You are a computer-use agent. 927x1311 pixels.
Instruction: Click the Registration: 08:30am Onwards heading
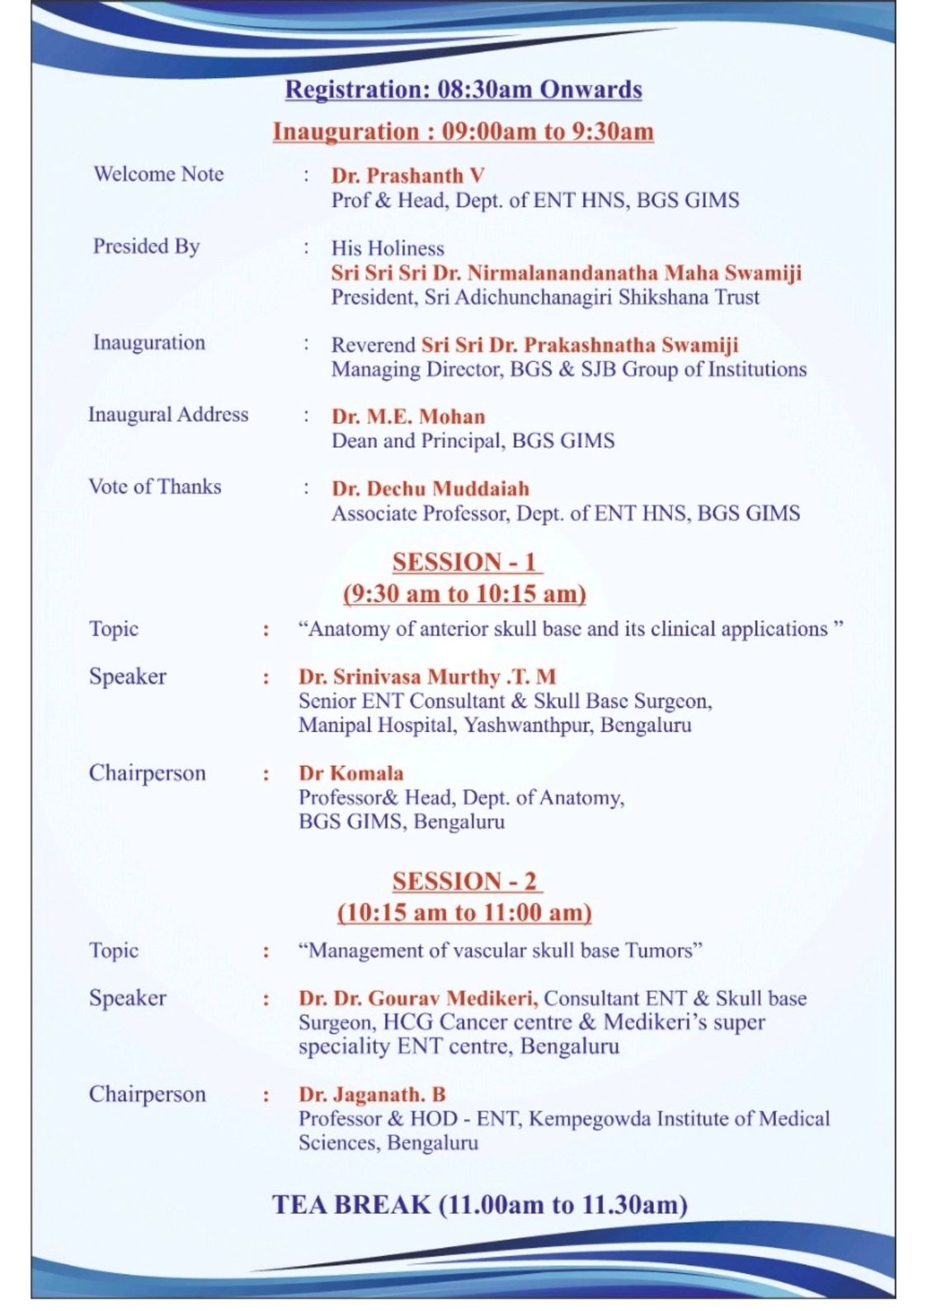[x=463, y=90]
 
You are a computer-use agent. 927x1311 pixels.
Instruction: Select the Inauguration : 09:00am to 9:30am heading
[x=463, y=132]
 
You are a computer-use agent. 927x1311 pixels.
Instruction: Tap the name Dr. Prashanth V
[x=407, y=176]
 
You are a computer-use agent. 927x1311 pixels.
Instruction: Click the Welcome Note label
[x=158, y=174]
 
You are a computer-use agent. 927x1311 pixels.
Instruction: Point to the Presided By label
[x=146, y=247]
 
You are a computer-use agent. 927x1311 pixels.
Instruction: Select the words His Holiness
[x=388, y=248]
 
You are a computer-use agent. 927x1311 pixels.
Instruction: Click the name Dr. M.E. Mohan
[x=408, y=416]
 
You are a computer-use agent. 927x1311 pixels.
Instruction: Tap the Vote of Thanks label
[x=155, y=486]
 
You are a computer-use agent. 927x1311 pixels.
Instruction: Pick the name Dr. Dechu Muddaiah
[x=431, y=489]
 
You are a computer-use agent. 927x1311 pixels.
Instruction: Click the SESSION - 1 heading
[x=465, y=562]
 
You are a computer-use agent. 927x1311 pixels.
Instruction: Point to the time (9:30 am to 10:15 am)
[x=464, y=594]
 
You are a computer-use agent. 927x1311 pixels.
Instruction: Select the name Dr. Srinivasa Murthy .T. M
[x=427, y=677]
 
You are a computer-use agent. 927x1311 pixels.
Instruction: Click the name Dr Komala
[x=351, y=773]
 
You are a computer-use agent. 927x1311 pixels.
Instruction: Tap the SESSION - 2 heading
[x=465, y=881]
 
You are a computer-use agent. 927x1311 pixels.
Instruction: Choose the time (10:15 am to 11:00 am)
[x=464, y=913]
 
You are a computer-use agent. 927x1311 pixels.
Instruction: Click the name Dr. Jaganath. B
[x=372, y=1095]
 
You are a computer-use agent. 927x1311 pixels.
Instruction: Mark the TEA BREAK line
[x=480, y=1205]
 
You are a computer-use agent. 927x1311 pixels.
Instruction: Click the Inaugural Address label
[x=168, y=415]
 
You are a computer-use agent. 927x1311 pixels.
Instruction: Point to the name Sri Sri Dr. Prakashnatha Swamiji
[x=580, y=345]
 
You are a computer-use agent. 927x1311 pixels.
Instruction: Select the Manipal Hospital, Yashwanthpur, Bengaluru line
[x=495, y=726]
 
